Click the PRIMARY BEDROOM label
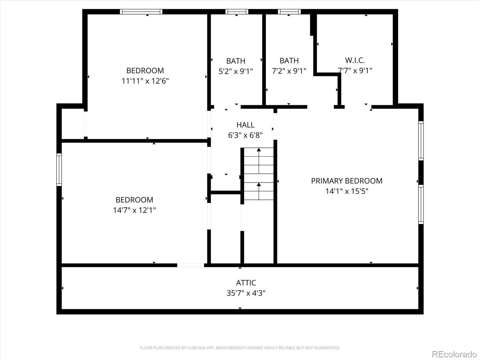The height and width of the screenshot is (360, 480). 346,181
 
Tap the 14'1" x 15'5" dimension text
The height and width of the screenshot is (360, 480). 346,191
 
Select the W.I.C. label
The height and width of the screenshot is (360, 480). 355,60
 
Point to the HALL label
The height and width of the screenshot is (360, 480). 245,125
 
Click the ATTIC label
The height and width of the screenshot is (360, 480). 246,283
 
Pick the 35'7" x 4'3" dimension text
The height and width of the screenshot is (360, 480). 246,293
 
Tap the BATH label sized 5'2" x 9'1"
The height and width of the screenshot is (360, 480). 235,61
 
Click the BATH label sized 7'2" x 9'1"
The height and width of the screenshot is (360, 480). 289,61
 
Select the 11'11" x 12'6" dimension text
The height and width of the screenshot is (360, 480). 145,81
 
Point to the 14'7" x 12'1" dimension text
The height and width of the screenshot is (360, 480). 134,210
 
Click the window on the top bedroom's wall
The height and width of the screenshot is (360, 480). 141,12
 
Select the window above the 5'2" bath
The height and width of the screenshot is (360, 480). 237,12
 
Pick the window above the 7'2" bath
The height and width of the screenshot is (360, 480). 289,12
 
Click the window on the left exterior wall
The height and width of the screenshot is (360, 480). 59,170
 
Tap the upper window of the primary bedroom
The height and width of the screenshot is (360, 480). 421,141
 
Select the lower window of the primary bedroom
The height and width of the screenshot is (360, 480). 421,205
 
